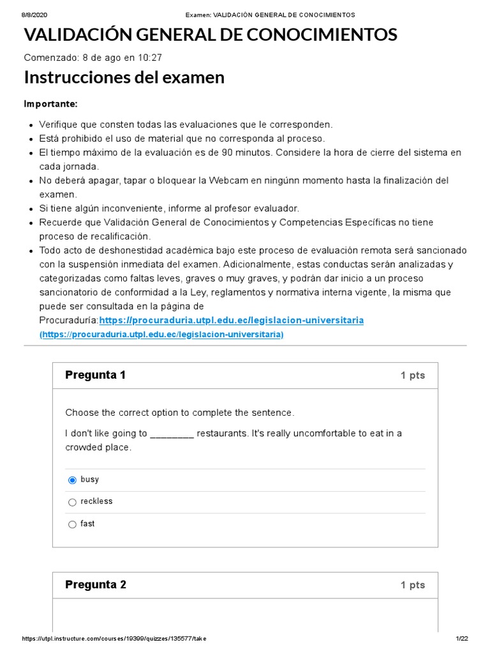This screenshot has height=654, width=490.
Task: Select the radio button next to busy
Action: pos(72,480)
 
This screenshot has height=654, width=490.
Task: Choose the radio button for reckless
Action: pos(72,503)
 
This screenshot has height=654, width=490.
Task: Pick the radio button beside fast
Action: pos(72,524)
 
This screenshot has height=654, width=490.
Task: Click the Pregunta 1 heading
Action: pos(95,375)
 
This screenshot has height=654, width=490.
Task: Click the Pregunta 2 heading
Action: pos(96,584)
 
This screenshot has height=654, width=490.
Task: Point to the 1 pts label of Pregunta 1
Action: pos(412,376)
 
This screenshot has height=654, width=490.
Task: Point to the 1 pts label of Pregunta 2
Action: pos(412,585)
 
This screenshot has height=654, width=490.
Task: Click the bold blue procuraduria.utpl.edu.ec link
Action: pos(232,320)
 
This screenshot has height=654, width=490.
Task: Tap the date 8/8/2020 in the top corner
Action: pos(35,15)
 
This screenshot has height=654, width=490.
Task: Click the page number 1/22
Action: pos(462,639)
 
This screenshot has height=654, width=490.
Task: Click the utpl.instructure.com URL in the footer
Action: pos(114,639)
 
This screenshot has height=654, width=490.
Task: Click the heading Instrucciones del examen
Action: pos(124,77)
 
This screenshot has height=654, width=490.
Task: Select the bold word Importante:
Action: pos(50,104)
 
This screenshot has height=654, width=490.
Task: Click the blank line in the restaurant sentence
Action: pos(172,434)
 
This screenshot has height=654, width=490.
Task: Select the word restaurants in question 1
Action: pos(221,434)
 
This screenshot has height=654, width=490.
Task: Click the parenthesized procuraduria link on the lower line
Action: pos(161,335)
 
